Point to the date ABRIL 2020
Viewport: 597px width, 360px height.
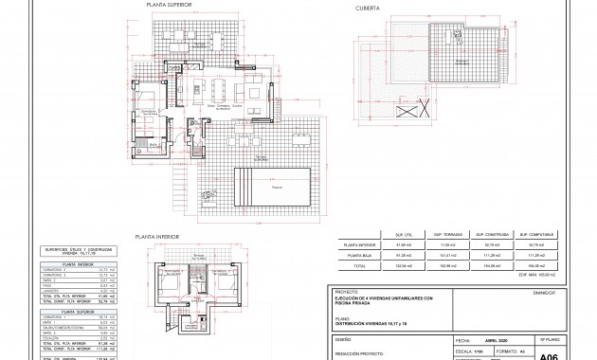(x=497, y=338)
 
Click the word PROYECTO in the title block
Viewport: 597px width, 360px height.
(x=346, y=292)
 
